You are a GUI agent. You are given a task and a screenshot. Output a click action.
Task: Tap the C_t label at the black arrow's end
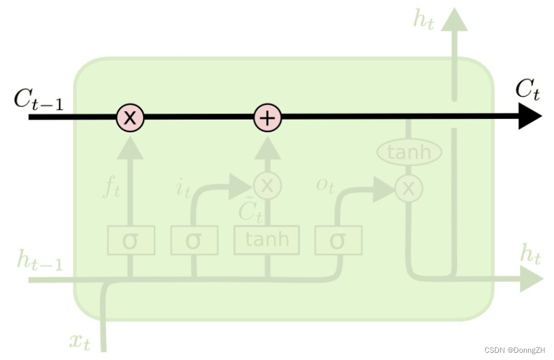527,90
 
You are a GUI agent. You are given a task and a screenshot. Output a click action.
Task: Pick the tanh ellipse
409,152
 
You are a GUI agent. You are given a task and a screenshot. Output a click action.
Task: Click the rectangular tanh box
267,240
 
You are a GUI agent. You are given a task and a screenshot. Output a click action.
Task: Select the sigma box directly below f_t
131,240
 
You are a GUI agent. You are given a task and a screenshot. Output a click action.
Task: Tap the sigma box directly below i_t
194,240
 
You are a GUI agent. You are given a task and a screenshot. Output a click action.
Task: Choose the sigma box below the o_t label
339,240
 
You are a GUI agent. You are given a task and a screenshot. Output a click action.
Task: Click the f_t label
112,189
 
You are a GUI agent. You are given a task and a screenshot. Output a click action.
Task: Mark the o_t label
325,185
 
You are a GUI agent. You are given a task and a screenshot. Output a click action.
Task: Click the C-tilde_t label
249,211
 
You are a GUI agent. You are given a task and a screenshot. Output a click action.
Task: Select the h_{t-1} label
40,261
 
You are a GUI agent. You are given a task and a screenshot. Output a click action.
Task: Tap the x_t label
80,342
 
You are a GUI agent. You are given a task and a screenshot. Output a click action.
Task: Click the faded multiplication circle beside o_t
409,188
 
